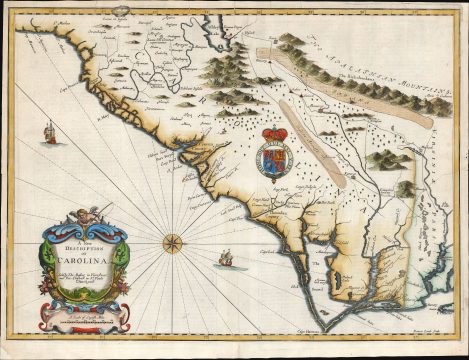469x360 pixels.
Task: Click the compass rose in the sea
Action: pos(171,242)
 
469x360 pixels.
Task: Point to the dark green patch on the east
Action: pos(405,187)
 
